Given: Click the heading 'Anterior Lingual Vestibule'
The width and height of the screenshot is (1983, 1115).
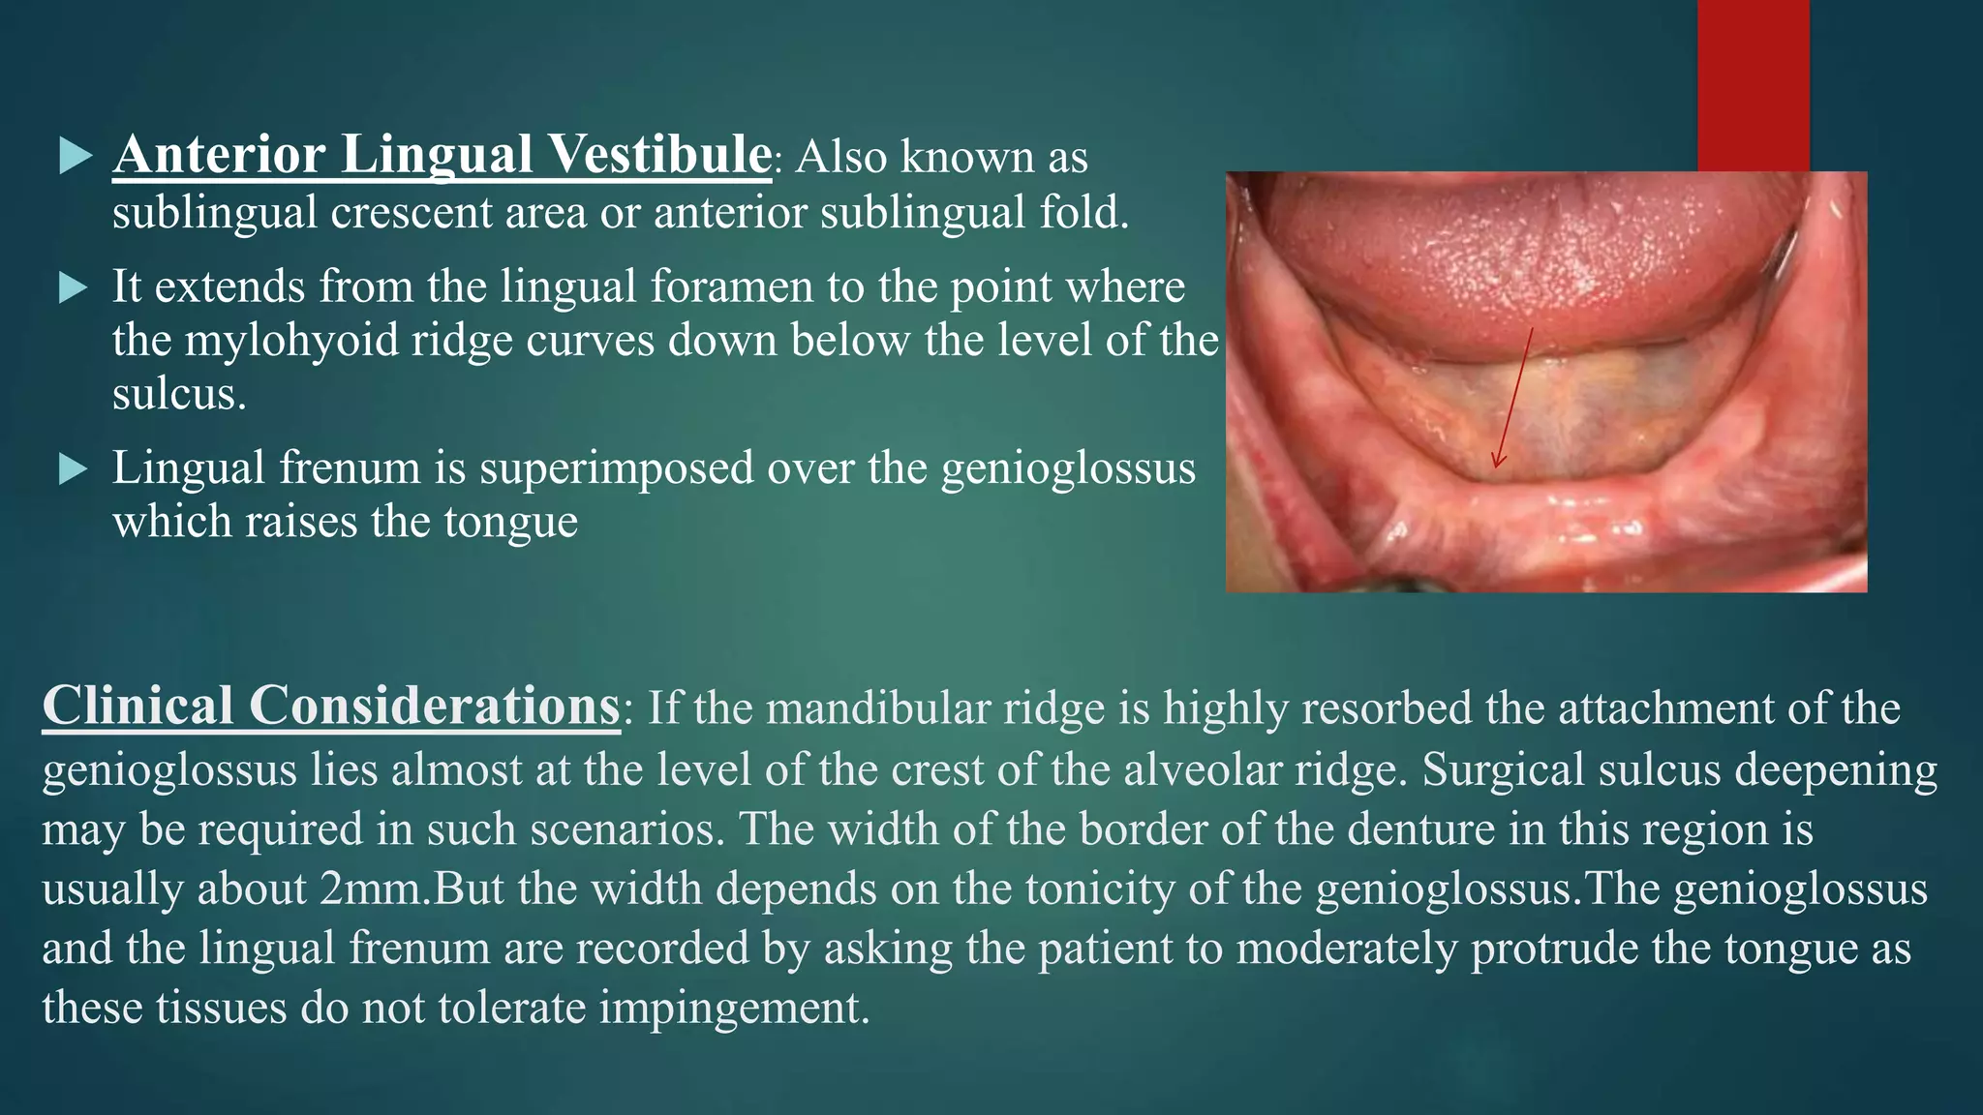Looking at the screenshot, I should (442, 155).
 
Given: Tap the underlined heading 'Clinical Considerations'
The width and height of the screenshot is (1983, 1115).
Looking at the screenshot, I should (330, 706).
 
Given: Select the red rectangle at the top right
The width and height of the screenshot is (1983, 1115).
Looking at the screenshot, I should (1753, 85).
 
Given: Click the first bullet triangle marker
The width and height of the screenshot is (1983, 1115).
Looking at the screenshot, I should (75, 156).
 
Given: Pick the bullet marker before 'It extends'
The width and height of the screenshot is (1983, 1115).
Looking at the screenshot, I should (75, 287).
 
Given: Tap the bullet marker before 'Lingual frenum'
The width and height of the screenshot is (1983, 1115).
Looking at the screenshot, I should (75, 469).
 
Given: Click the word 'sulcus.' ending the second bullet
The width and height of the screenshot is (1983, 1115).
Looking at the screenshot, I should (179, 394).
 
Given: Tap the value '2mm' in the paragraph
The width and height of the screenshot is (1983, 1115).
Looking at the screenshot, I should (373, 889).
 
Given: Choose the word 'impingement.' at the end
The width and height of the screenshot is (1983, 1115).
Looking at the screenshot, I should (734, 1008).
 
